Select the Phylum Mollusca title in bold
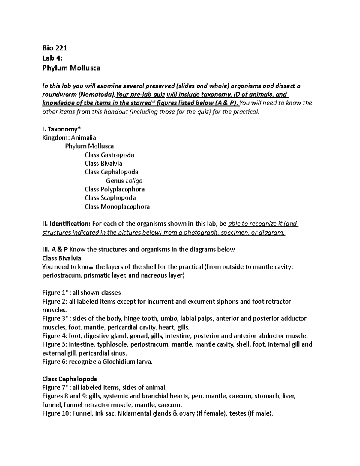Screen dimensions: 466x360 (71, 68)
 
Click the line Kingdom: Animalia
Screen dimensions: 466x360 (69, 138)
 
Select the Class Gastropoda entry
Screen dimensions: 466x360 (109, 155)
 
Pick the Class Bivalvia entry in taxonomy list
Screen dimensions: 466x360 (103, 164)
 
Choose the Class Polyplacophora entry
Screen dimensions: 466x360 (115, 189)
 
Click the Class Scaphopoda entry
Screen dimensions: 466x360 (110, 198)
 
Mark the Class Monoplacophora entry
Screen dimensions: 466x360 (117, 206)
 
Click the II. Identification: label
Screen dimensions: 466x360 (66, 224)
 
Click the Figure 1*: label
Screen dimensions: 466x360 (55, 293)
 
